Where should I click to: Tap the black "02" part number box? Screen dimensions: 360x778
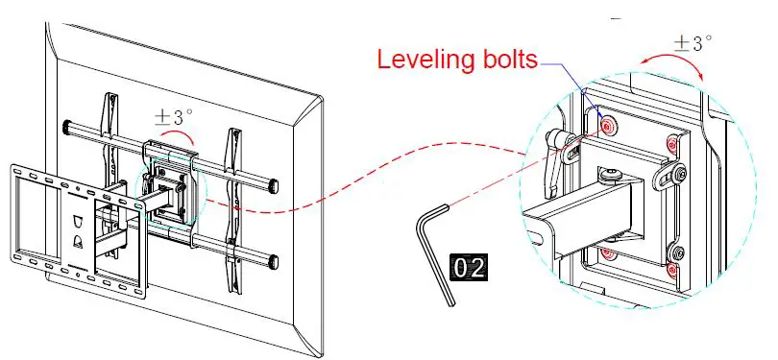point(470,267)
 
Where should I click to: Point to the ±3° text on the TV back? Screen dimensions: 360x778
point(174,116)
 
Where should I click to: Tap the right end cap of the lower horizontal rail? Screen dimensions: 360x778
point(277,260)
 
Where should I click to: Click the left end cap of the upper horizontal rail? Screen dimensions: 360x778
point(67,126)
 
